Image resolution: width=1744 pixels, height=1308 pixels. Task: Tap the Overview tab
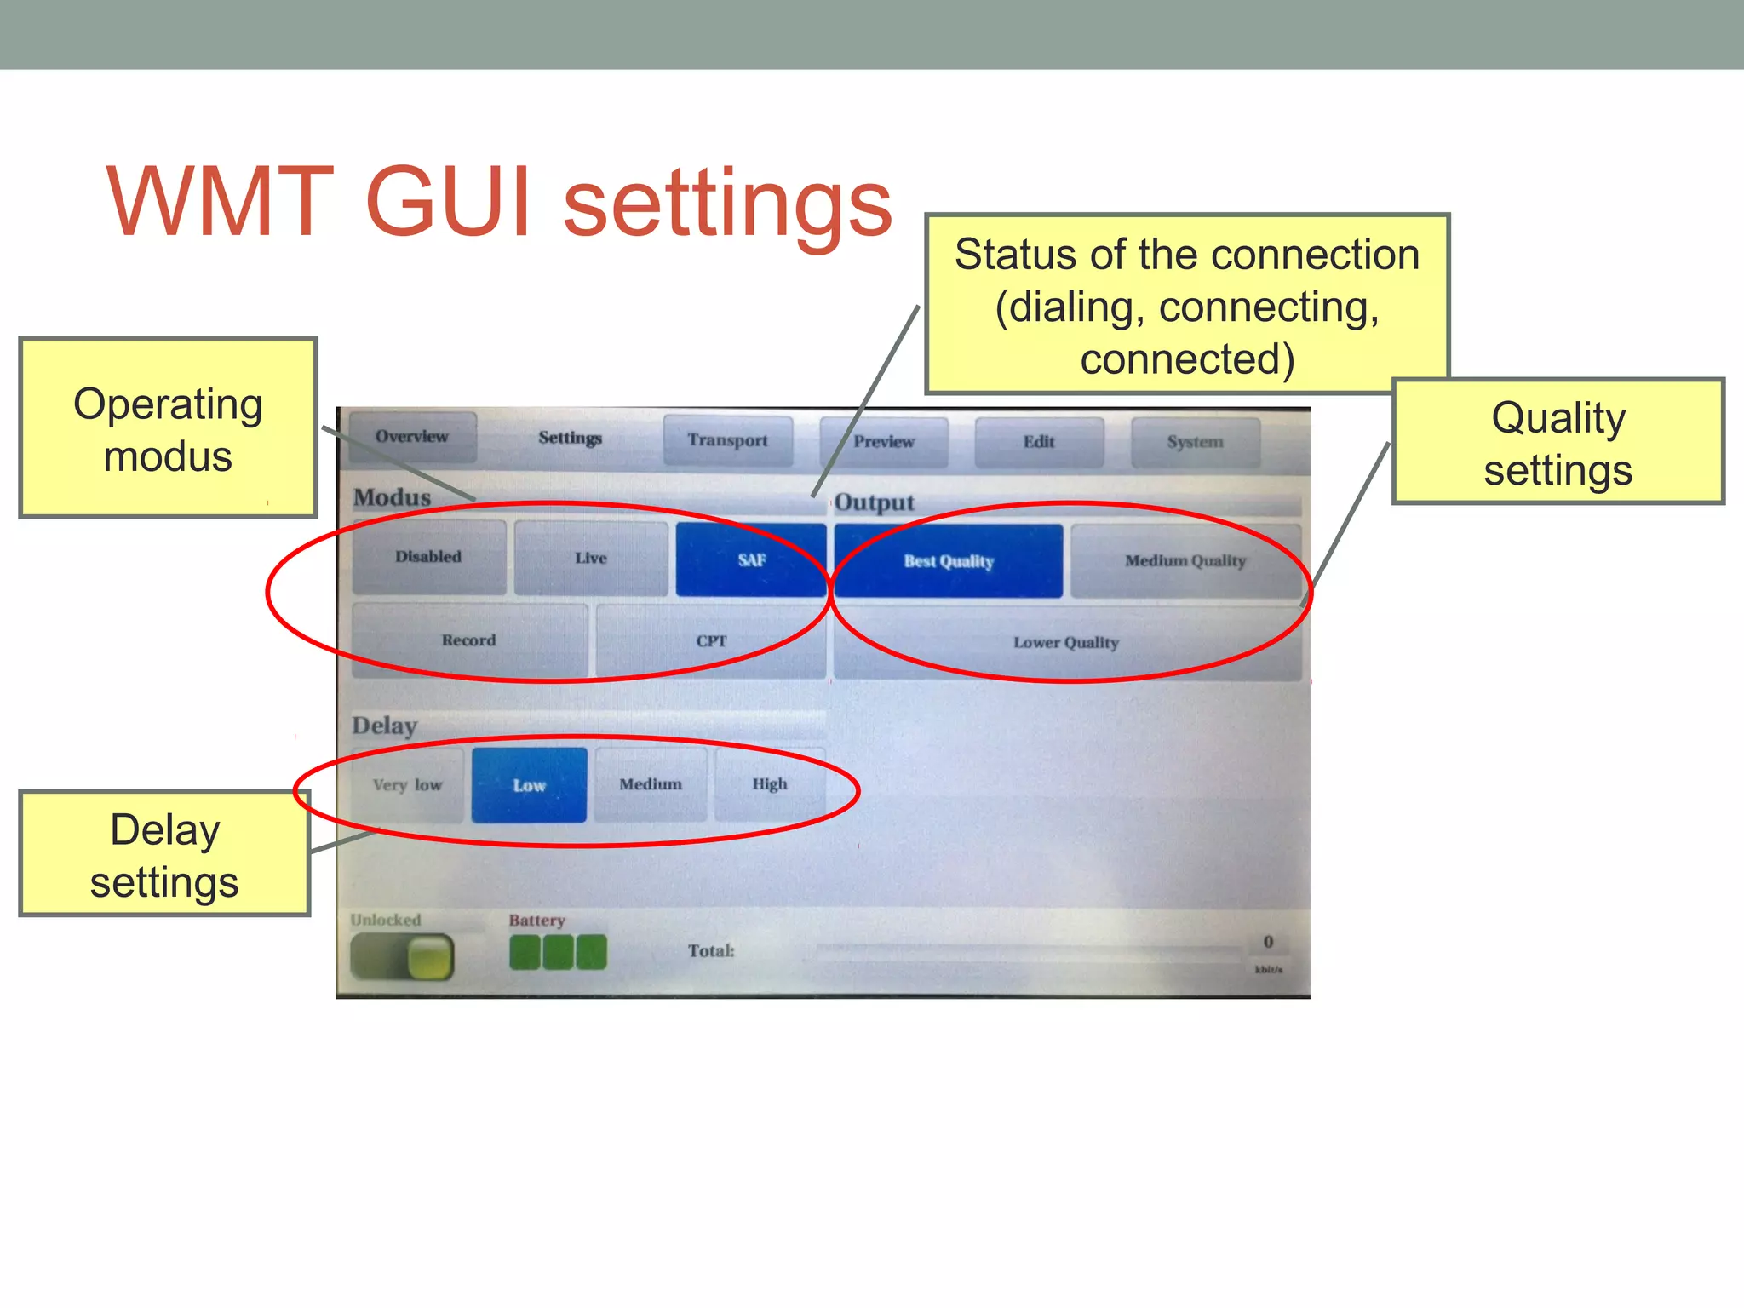click(x=412, y=437)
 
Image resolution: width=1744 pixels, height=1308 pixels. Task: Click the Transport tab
click(x=727, y=440)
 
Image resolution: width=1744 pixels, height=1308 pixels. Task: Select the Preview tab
click(x=884, y=441)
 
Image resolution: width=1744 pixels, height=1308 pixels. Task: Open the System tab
click(x=1195, y=442)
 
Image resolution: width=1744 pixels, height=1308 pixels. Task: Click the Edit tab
click(x=1039, y=442)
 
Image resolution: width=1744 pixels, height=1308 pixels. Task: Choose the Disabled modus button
click(x=428, y=557)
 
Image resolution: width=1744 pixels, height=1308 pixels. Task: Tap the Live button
click(x=590, y=559)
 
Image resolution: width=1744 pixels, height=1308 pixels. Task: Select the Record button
click(x=468, y=640)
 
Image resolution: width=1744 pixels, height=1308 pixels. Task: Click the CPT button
click(x=711, y=641)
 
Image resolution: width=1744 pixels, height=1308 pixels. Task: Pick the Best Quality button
click(x=948, y=561)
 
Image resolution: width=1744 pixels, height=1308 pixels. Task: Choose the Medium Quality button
click(x=1185, y=561)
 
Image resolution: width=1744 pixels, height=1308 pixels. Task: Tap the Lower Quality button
click(x=1066, y=643)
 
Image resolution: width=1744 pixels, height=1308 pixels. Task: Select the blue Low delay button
click(x=529, y=785)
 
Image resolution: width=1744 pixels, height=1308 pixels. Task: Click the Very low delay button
click(x=407, y=785)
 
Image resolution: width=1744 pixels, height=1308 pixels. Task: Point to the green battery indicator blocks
click(x=558, y=952)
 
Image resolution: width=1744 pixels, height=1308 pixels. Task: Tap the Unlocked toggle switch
click(x=402, y=956)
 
